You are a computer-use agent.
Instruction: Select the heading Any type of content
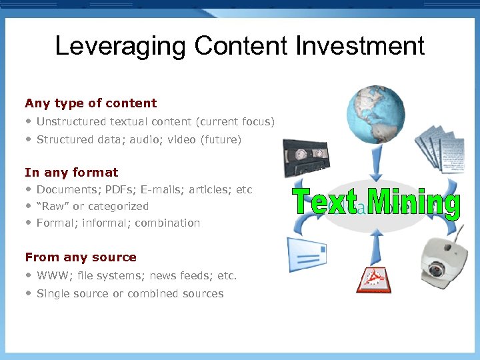pyautogui.click(x=91, y=103)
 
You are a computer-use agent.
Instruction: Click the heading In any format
pyautogui.click(x=71, y=173)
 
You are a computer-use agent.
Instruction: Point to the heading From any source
pyautogui.click(x=81, y=257)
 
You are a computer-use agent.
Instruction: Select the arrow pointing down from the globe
pyautogui.click(x=376, y=159)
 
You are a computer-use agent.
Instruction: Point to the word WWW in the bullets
pyautogui.click(x=50, y=276)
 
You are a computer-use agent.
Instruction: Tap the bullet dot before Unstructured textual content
pyautogui.click(x=29, y=121)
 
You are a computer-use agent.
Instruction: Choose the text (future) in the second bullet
pyautogui.click(x=223, y=140)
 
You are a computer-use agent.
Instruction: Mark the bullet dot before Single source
pyautogui.click(x=29, y=293)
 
